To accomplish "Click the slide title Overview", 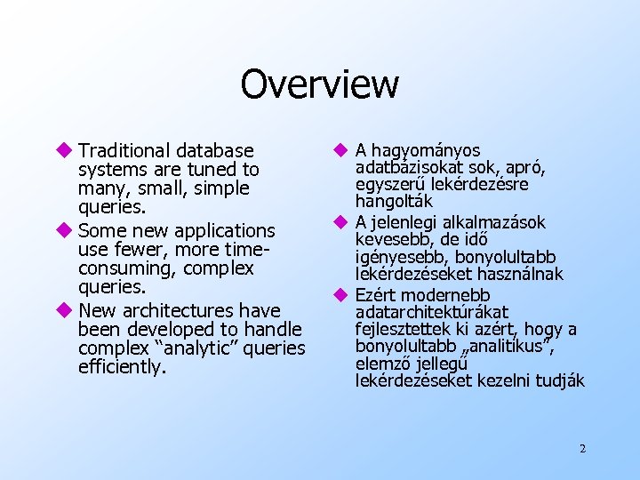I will click(319, 84).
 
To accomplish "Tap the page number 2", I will click(582, 448).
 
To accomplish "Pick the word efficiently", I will click(122, 367).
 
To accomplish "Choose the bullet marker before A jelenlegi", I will click(340, 221).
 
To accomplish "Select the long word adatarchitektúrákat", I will click(431, 312).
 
